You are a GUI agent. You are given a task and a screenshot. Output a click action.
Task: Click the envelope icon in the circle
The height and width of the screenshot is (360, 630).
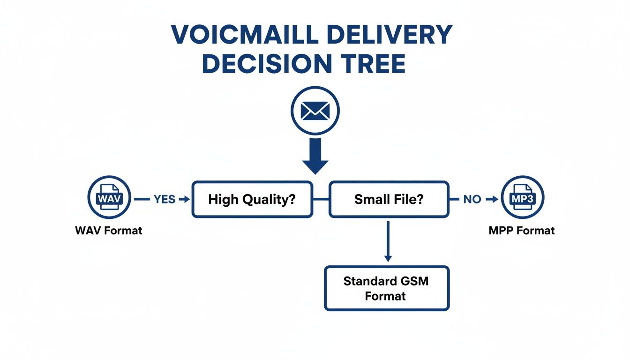click(x=315, y=111)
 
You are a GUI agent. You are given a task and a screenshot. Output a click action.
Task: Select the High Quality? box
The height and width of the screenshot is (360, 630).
click(x=252, y=199)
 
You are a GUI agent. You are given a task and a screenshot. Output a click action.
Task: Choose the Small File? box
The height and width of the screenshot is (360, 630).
click(x=389, y=199)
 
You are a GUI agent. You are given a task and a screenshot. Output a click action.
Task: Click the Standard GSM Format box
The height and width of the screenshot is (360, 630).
click(x=387, y=288)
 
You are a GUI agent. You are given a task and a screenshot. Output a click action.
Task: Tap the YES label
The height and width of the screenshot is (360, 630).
click(x=164, y=199)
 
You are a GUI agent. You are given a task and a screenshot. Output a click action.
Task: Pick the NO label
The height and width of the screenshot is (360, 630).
click(x=472, y=199)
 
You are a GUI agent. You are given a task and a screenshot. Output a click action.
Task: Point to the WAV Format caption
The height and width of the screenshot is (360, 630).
click(x=108, y=231)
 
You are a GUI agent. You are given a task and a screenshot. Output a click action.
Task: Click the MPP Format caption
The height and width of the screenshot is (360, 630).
click(x=522, y=231)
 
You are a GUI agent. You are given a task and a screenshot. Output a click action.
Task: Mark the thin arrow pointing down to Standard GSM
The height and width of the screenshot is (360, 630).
click(x=387, y=241)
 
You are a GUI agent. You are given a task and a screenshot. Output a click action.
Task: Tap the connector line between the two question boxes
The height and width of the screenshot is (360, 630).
click(x=321, y=199)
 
